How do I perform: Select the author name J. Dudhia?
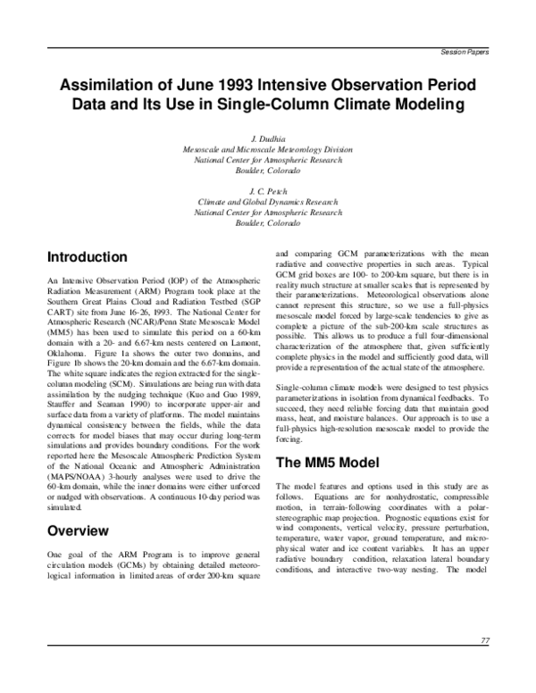[x=268, y=139]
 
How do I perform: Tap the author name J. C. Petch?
[x=268, y=190]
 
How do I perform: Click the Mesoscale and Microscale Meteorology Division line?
[x=268, y=149]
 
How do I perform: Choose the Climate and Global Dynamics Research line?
[x=268, y=202]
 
